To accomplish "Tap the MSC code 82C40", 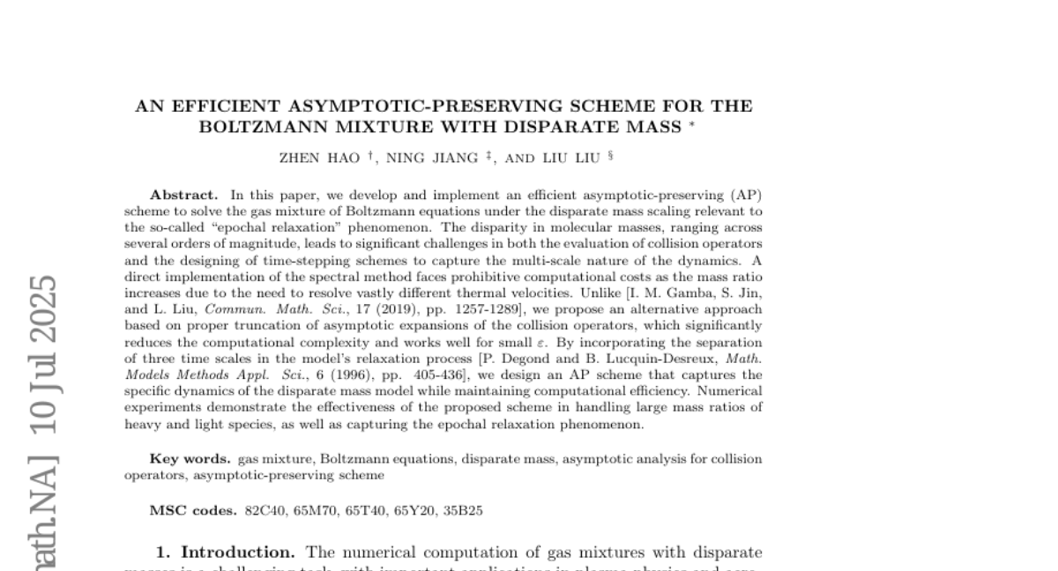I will pos(262,510).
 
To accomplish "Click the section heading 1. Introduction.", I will pos(225,552).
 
